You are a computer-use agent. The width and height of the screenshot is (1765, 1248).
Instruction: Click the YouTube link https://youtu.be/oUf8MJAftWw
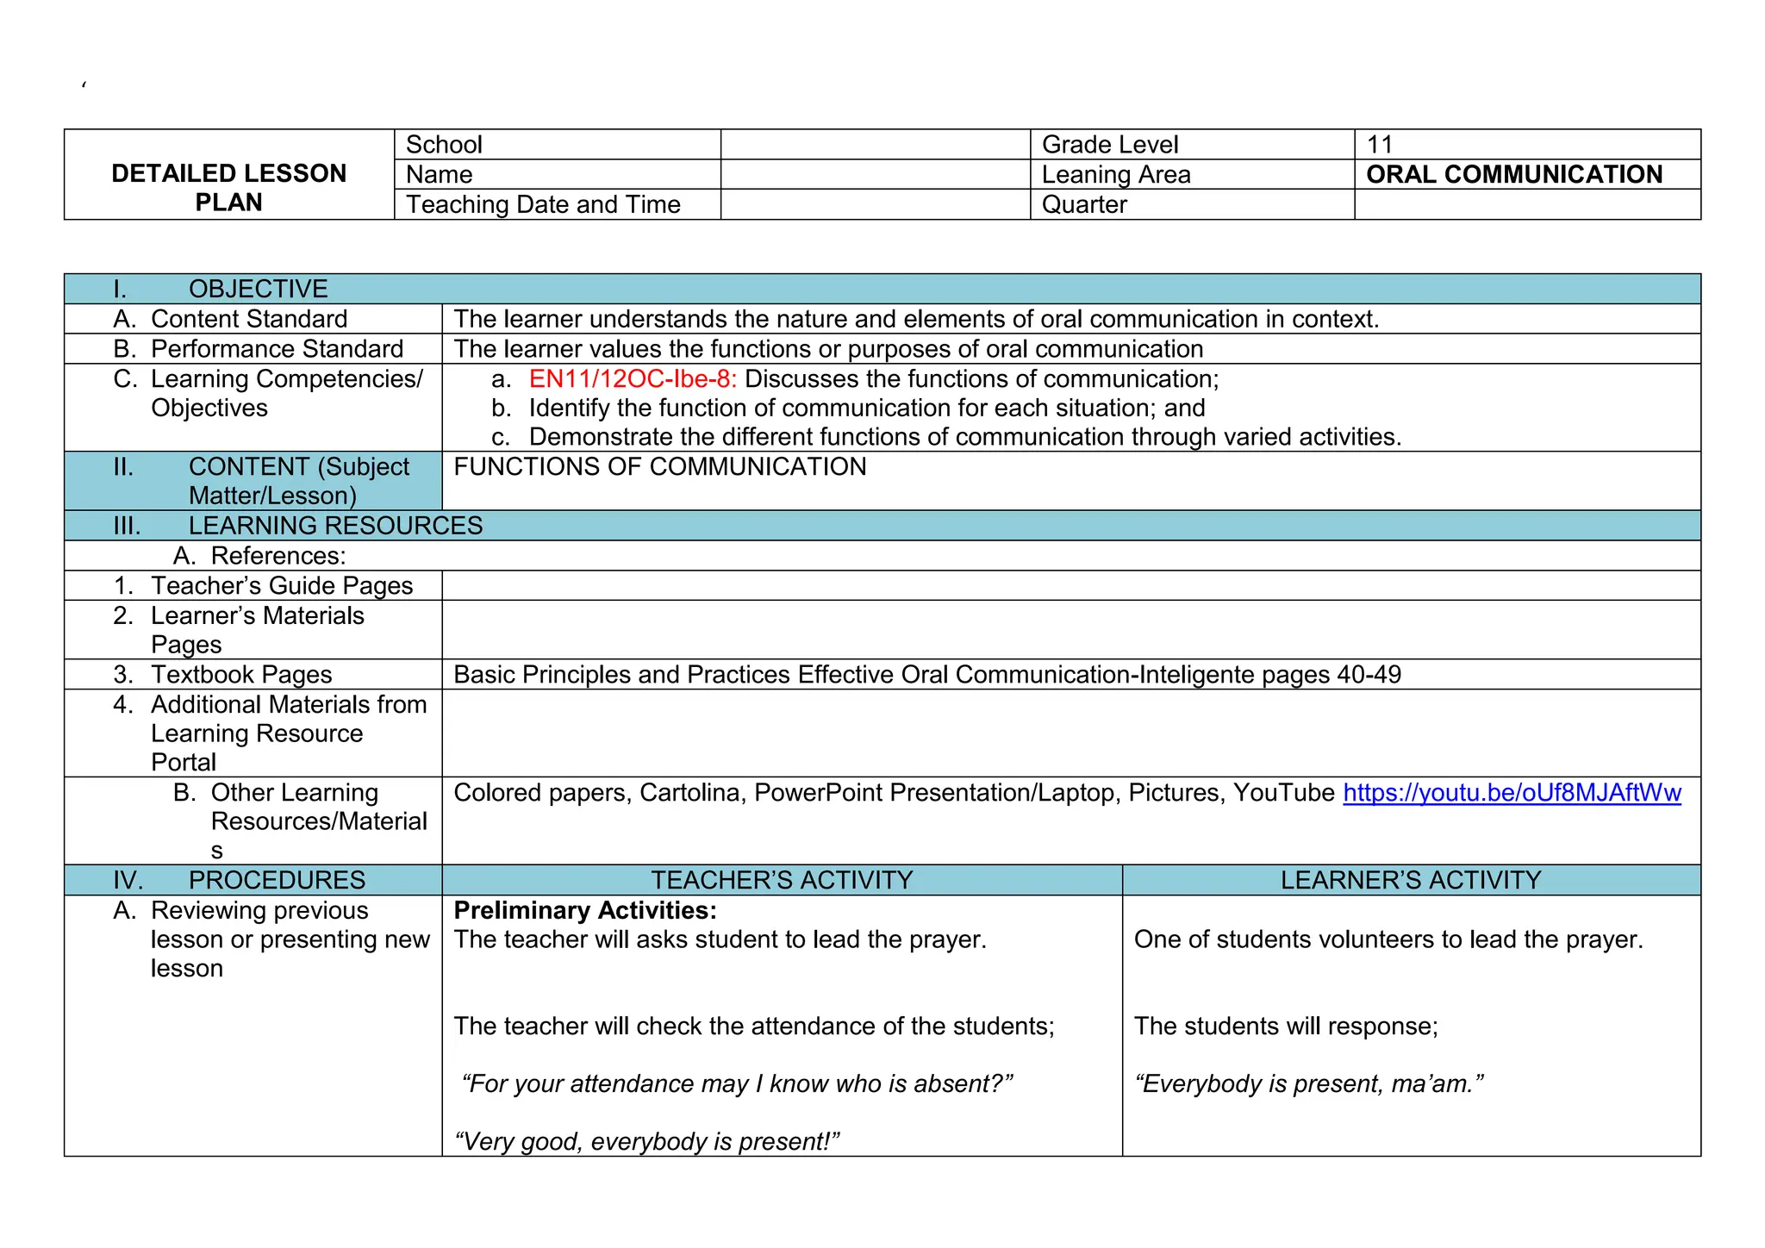tap(1512, 793)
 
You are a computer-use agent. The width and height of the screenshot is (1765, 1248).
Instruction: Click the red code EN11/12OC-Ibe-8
tap(633, 379)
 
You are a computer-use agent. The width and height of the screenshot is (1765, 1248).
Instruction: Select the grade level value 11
tap(1380, 145)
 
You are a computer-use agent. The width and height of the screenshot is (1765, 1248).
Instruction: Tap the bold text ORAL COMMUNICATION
tap(1514, 175)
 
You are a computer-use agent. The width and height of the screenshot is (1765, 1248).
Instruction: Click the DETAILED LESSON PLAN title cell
tap(229, 188)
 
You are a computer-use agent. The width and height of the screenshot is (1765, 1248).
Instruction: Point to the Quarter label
tap(1084, 205)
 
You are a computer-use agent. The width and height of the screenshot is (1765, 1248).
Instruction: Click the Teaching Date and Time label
tap(543, 205)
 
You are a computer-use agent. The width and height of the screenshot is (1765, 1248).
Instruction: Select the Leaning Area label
tap(1116, 175)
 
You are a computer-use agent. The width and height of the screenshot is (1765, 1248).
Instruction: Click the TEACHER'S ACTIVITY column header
tap(782, 880)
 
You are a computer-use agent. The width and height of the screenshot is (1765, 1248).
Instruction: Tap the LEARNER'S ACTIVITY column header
tap(1411, 880)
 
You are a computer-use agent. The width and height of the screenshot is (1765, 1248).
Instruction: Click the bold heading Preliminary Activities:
tap(585, 910)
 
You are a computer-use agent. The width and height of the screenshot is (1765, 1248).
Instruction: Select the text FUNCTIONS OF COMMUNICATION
tap(660, 467)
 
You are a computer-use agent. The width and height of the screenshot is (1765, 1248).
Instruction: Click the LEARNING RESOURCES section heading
tap(335, 526)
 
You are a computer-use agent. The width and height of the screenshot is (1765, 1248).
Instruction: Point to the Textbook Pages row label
tap(241, 675)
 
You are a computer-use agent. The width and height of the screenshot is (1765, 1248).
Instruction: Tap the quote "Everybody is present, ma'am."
tap(1309, 1084)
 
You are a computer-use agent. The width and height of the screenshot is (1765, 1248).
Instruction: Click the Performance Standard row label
tap(277, 349)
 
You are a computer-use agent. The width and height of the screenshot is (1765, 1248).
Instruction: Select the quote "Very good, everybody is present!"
tap(646, 1142)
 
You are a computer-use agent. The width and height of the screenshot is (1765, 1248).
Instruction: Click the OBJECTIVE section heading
tap(258, 290)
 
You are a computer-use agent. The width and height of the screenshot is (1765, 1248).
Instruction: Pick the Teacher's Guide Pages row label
tap(282, 586)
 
